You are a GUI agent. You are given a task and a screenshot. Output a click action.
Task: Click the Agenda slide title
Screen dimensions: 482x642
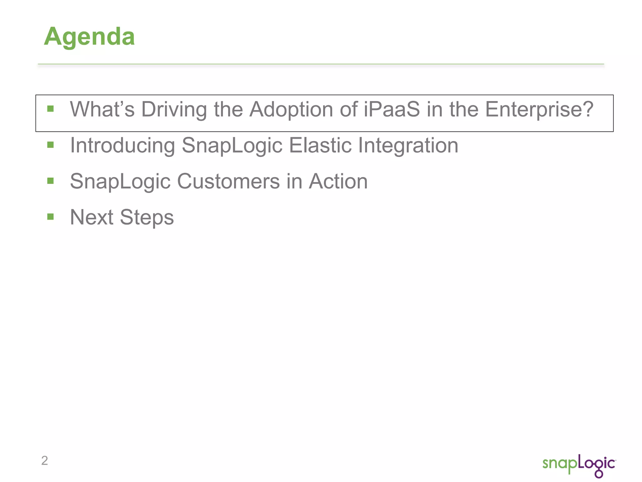click(89, 37)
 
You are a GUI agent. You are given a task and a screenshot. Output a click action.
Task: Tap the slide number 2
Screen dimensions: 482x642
click(45, 460)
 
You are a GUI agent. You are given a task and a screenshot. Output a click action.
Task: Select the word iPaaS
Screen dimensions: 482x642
click(392, 109)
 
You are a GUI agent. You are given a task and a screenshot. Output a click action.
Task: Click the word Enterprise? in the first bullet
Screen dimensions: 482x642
click(539, 109)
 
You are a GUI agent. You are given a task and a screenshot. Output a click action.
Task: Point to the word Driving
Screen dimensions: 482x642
click(174, 109)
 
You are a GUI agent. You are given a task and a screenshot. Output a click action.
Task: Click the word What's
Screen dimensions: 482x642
click(102, 109)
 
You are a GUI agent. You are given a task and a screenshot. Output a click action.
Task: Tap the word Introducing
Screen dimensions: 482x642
click(122, 145)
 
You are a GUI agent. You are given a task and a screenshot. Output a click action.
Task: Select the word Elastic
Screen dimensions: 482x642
click(320, 145)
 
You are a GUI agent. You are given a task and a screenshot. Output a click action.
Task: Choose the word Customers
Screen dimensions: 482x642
click(228, 181)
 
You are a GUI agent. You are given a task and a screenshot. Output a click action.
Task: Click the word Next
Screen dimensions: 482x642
click(91, 217)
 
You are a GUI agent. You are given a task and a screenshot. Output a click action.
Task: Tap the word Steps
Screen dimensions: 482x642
click(147, 217)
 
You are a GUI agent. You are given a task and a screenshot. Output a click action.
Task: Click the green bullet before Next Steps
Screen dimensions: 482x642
click(50, 217)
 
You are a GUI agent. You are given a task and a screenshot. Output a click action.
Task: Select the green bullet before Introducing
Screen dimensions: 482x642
click(50, 145)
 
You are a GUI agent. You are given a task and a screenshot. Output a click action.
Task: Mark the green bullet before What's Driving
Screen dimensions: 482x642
click(50, 109)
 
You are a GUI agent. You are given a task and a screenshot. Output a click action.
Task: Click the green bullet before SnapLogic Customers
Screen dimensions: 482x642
click(50, 181)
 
